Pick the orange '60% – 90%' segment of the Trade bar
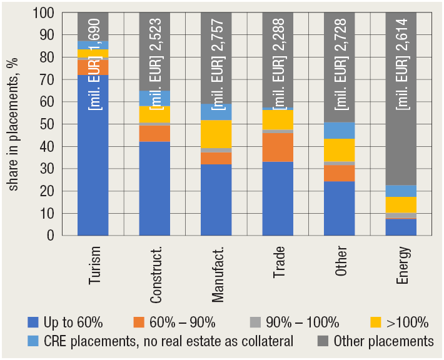pyautogui.click(x=278, y=147)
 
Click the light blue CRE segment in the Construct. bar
pyautogui.click(x=154, y=98)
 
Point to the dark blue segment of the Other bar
pyautogui.click(x=340, y=208)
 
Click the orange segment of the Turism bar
pyautogui.click(x=93, y=67)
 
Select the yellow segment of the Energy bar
pyautogui.click(x=401, y=205)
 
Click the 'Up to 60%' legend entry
pyautogui.click(x=66, y=323)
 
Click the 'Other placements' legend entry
pyautogui.click(x=375, y=341)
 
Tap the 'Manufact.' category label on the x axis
pyautogui.click(x=216, y=273)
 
